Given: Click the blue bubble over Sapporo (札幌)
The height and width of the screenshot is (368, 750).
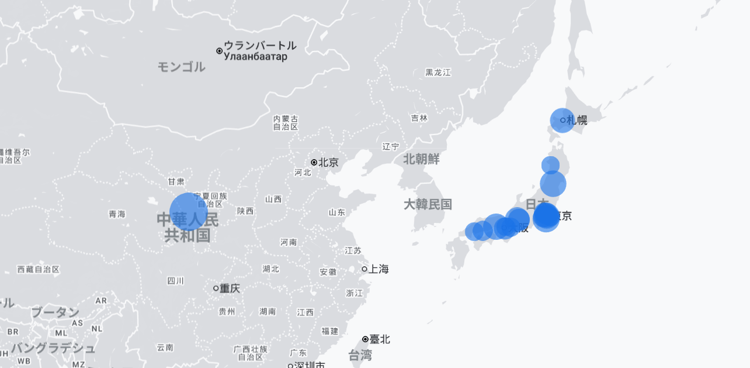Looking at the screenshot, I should click(562, 120).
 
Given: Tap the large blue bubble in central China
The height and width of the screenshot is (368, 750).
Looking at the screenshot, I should click(189, 212).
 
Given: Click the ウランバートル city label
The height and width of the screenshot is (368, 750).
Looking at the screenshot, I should click(260, 46).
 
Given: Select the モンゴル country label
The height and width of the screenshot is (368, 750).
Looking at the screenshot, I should click(181, 67).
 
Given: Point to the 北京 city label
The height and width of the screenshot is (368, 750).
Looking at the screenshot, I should click(328, 162).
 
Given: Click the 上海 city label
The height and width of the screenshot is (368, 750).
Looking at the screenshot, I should click(379, 269).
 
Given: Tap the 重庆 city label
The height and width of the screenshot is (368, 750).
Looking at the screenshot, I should click(230, 288).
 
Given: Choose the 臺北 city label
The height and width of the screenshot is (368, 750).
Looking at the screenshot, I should click(379, 339).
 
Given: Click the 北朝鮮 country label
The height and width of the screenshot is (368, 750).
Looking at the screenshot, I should click(421, 159).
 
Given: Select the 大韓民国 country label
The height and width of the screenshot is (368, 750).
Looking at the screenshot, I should click(428, 204).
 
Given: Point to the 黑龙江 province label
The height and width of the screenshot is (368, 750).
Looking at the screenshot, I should click(438, 73).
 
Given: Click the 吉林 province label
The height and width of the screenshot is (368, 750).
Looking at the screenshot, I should click(419, 118).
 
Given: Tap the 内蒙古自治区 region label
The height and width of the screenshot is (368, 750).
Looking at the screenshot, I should click(286, 122).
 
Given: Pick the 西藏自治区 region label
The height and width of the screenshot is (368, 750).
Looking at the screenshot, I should click(39, 270).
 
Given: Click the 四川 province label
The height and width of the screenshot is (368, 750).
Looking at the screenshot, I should click(176, 281).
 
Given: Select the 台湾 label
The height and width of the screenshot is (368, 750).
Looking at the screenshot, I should click(360, 355).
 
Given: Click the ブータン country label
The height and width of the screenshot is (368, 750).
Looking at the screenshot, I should click(55, 312).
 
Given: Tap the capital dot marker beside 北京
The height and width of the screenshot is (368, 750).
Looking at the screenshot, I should click(314, 162).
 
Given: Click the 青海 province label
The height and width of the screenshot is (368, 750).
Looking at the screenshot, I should click(117, 214).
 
